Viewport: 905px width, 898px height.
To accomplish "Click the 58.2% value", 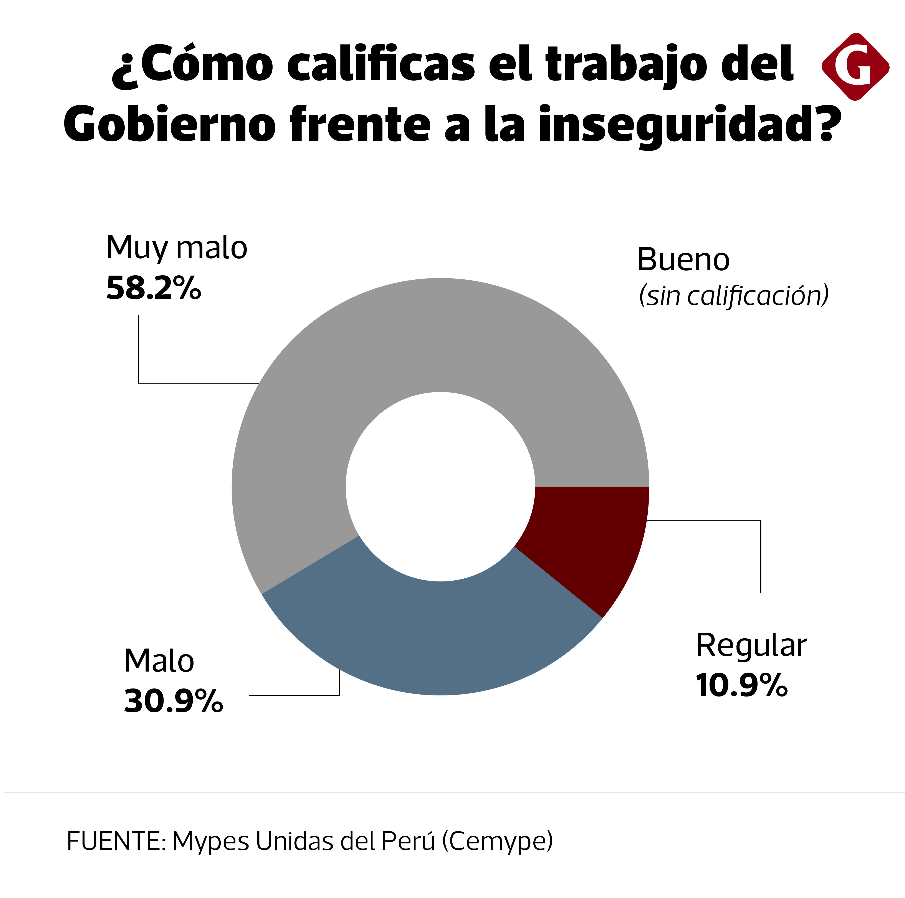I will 154,288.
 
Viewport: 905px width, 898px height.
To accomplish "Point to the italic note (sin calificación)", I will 734,296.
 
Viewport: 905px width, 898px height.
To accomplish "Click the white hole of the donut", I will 440,487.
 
